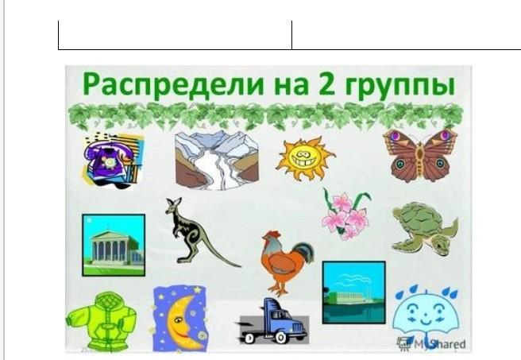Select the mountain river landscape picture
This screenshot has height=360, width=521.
(x=217, y=161)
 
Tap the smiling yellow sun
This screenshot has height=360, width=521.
(x=305, y=158)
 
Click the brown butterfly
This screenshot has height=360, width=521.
(x=420, y=156)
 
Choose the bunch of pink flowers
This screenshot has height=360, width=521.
(x=346, y=214)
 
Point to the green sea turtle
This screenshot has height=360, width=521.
(x=425, y=227)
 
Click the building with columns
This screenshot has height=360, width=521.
(x=114, y=245)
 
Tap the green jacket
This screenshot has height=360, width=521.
(x=101, y=322)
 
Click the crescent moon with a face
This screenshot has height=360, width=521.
(x=180, y=319)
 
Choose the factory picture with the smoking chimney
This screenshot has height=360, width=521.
(x=354, y=292)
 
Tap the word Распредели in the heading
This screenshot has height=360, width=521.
(x=173, y=84)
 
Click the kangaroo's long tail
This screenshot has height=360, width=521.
(x=222, y=254)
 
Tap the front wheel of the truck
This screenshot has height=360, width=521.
(x=280, y=338)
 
